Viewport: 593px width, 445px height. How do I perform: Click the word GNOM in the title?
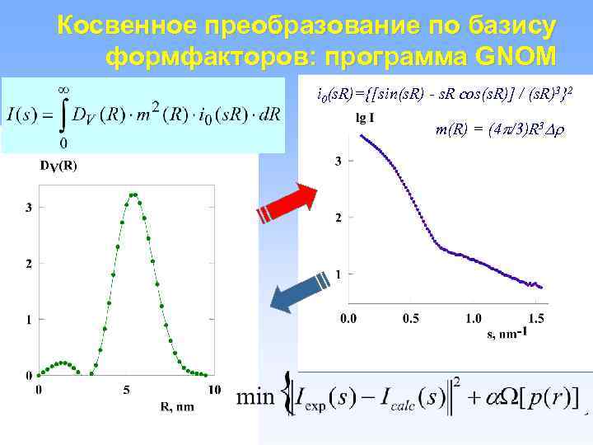pyautogui.click(x=516, y=56)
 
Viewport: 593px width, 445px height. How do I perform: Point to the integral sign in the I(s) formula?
pyautogui.click(x=62, y=115)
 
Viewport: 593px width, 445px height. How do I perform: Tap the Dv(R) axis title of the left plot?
pyautogui.click(x=58, y=166)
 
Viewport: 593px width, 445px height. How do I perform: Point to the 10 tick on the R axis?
pyautogui.click(x=214, y=391)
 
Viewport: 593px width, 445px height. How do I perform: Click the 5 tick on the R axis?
pyautogui.click(x=125, y=391)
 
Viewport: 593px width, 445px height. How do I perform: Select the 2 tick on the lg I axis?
pyautogui.click(x=337, y=218)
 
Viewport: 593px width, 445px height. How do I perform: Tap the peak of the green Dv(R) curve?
pyautogui.click(x=133, y=195)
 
